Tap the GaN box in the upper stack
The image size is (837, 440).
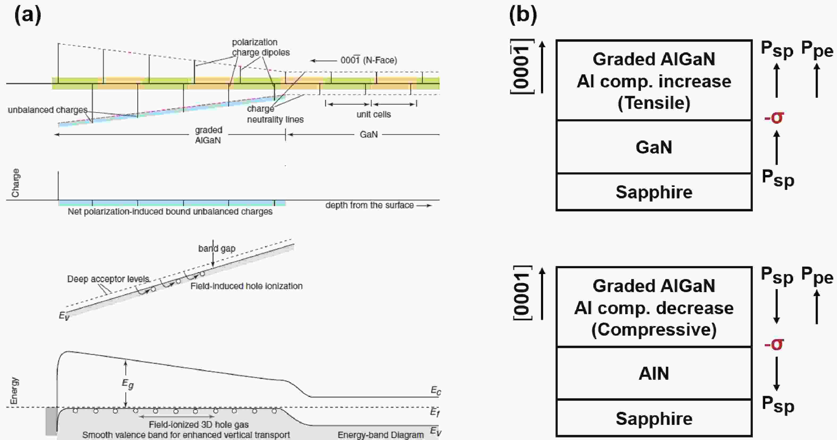click(654, 147)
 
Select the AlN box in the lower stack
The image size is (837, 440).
click(654, 373)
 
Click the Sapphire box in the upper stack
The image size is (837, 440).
click(654, 192)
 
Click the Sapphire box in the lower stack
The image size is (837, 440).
click(654, 418)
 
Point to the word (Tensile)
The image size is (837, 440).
click(654, 103)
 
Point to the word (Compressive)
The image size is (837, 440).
click(654, 330)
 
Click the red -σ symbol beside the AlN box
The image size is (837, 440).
click(774, 344)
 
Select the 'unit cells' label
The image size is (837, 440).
click(373, 114)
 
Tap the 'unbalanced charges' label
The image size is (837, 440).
click(48, 110)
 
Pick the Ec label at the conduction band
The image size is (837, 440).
click(436, 390)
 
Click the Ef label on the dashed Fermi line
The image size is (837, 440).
click(435, 412)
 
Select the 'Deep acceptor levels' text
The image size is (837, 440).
click(108, 279)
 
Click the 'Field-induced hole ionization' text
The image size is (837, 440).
click(246, 286)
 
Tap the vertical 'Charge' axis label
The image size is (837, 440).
click(15, 183)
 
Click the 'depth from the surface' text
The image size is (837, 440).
click(369, 205)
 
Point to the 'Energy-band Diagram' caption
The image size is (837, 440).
click(381, 435)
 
